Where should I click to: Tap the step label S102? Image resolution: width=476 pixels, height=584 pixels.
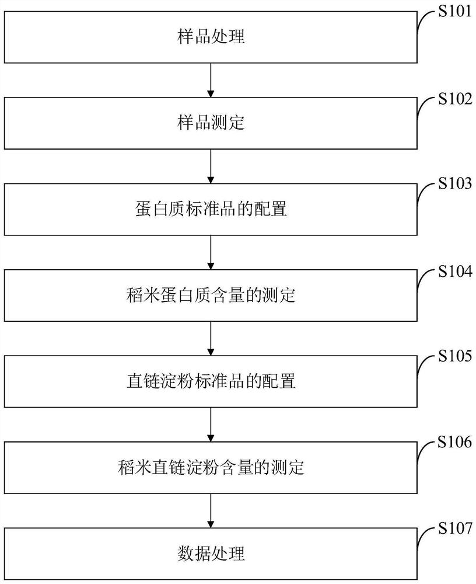coord(454,99)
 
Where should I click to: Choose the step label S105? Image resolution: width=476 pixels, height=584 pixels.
coord(454,356)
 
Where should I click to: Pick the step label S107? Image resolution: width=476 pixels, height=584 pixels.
coord(454,530)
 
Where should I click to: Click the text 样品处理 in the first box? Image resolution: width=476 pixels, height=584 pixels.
coord(211,38)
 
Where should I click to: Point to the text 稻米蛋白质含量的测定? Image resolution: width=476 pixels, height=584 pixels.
coord(211,296)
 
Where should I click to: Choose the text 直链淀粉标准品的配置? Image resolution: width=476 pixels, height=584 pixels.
coord(211,381)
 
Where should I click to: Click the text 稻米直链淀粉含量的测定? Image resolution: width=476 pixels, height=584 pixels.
coord(211,467)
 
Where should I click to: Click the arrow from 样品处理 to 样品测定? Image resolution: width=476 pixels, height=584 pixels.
coord(211,81)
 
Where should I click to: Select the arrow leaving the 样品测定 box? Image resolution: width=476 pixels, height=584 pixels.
coord(211,166)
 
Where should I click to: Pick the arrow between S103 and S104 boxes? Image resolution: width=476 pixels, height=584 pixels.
coord(211,252)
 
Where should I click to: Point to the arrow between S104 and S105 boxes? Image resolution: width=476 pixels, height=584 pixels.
coord(211,338)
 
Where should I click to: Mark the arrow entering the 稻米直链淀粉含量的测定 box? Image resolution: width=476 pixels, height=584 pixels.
coord(211,424)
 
